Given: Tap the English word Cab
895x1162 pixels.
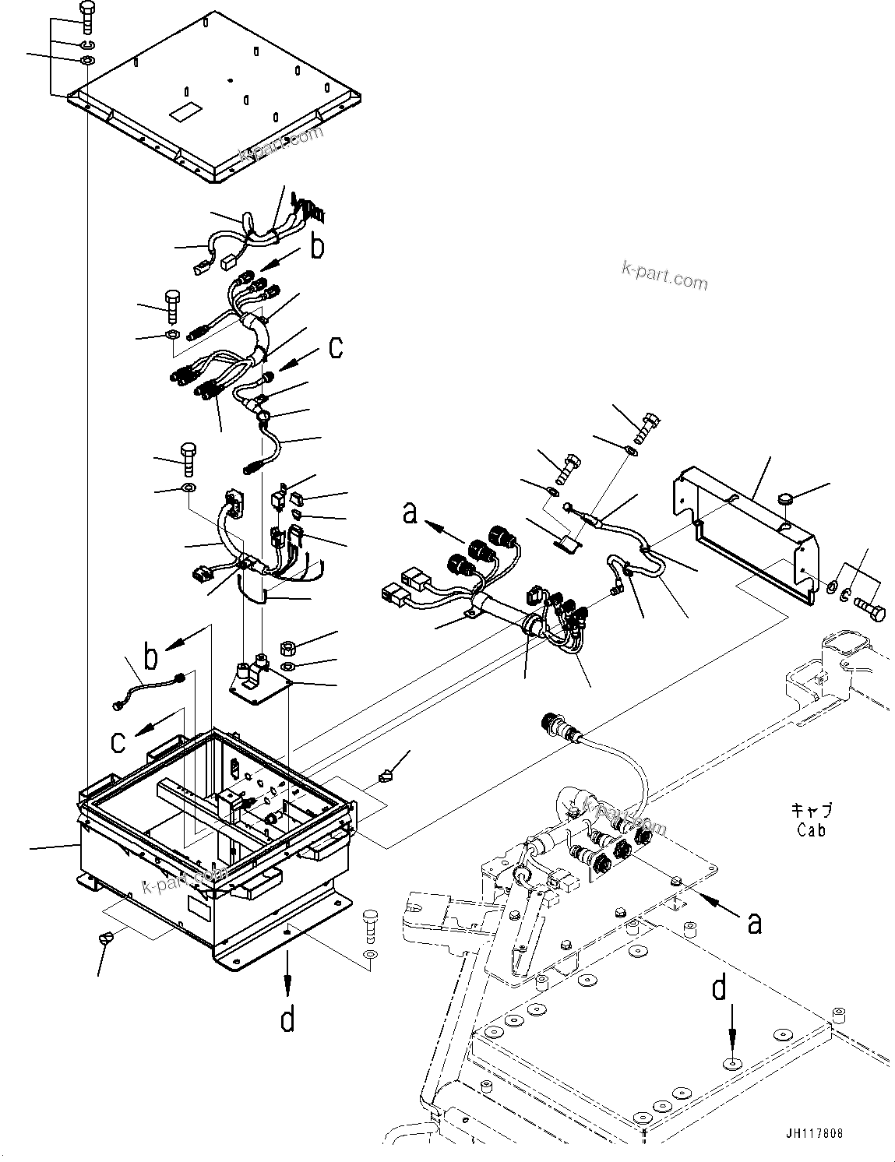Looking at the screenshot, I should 811,830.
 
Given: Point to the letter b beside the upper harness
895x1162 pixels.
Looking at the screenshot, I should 316,247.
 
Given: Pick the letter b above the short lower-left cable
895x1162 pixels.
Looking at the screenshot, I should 150,657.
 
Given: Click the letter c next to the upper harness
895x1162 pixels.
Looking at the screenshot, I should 334,347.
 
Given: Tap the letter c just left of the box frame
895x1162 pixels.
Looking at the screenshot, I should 118,741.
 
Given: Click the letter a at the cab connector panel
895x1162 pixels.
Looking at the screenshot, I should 754,923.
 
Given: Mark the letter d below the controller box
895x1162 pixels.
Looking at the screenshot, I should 288,1019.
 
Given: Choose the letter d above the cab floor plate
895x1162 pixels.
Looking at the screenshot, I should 719,990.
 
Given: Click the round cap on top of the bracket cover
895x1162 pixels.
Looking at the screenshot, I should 785,499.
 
